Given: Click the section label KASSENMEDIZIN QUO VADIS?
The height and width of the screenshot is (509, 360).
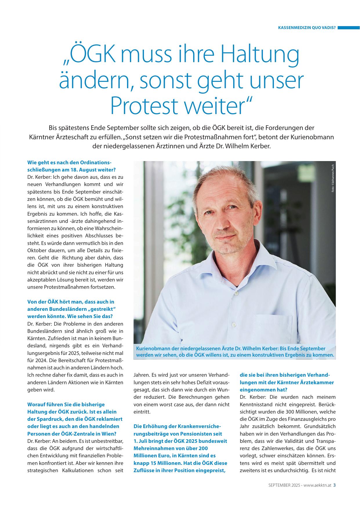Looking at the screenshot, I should tap(307, 28).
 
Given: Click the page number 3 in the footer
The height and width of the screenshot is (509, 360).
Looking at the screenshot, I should tap(334, 485).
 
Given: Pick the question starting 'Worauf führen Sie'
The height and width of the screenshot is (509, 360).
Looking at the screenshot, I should tap(75, 419).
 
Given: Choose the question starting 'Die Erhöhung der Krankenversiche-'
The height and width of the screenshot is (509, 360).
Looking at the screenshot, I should tap(180, 448).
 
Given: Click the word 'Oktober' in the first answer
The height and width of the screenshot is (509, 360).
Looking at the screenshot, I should tap(37, 250).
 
